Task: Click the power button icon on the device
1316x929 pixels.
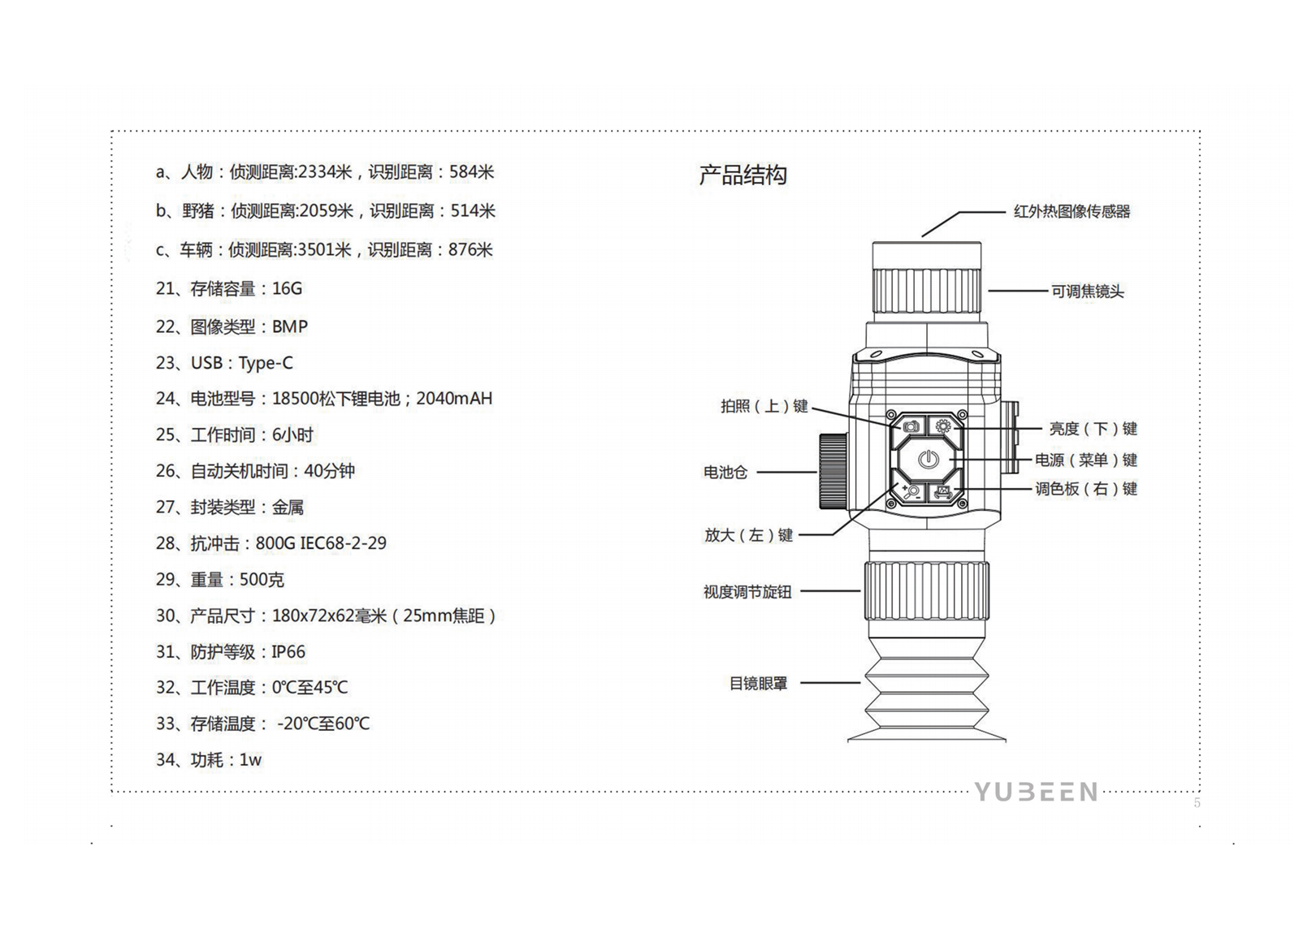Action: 929,460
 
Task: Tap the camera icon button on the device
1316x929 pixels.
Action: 911,426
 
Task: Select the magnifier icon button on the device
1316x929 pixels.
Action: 911,491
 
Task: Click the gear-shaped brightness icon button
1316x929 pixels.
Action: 943,426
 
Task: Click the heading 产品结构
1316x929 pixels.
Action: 742,175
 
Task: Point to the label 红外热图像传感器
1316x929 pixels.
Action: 1071,212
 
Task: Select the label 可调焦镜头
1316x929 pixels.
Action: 1088,292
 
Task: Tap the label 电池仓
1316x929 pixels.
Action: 725,472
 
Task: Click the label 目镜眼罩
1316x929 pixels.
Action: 758,684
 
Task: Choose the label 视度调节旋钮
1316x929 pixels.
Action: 747,592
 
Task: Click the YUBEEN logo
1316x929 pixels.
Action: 1036,792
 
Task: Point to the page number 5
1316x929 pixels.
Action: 1197,803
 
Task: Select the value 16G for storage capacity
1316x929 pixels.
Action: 287,289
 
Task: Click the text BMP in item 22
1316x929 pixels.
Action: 290,327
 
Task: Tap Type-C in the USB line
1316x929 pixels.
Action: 266,363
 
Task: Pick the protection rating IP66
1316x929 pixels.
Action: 288,652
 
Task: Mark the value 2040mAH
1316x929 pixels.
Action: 454,399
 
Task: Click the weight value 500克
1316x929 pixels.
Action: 262,580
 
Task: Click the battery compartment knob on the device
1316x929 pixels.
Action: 833,472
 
